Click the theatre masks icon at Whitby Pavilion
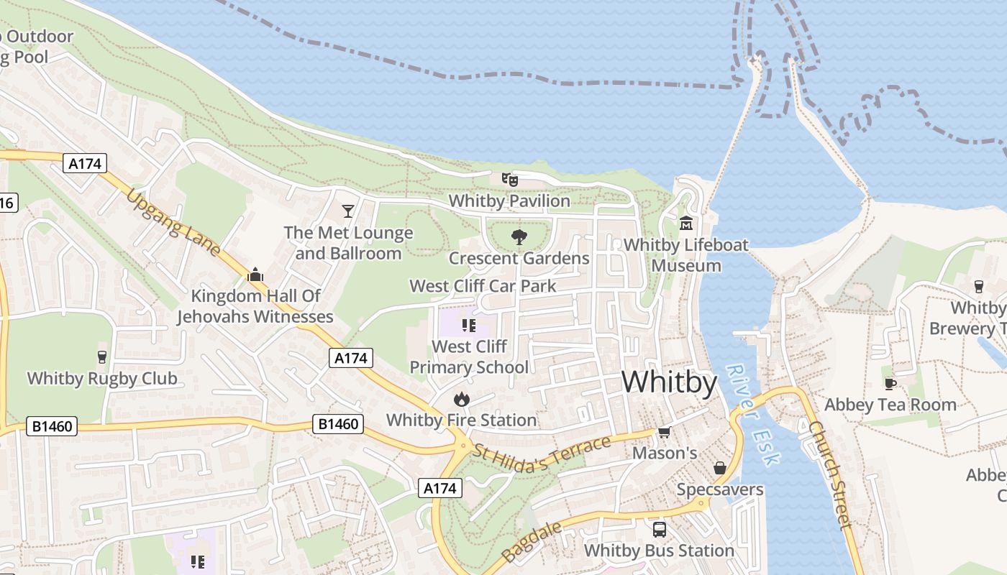[509, 179]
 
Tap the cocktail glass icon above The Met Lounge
[348, 211]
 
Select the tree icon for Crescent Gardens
[519, 237]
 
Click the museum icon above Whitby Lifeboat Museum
[685, 224]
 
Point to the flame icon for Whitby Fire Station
[461, 399]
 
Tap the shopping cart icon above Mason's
[664, 432]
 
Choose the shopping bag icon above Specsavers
[719, 469]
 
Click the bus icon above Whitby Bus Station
[659, 530]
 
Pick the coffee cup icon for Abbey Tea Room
[890, 383]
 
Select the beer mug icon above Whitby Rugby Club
[101, 356]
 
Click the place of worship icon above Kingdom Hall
[255, 275]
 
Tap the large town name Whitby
[669, 382]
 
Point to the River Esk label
[752, 415]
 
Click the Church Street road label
[829, 474]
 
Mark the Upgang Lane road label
[173, 223]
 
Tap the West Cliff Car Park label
[483, 286]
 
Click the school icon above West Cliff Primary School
[469, 326]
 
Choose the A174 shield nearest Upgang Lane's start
[86, 164]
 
